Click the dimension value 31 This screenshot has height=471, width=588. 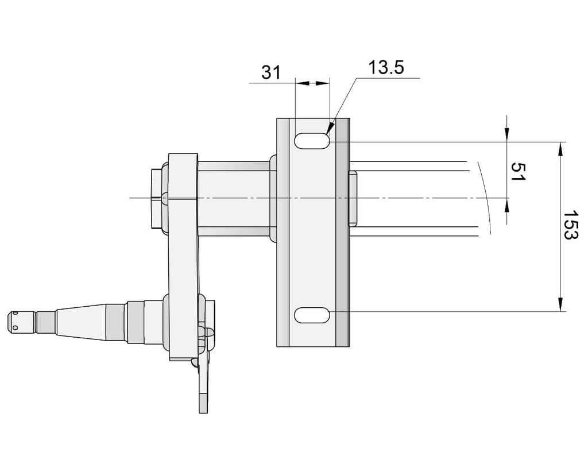[271, 72]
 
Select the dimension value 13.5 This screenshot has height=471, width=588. [386, 68]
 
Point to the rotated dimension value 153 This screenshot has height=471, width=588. [571, 225]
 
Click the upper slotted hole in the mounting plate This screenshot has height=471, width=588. [312, 141]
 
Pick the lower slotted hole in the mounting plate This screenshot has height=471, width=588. [312, 315]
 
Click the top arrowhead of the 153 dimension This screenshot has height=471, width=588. [560, 149]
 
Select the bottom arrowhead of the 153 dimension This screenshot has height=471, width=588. [560, 304]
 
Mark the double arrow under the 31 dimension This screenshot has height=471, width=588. [312, 83]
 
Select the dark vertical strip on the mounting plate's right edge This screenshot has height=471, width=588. [342, 233]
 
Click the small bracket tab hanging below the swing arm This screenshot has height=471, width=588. [204, 390]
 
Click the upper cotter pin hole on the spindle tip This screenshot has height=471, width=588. [15, 312]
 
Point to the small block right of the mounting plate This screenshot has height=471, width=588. [353, 198]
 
